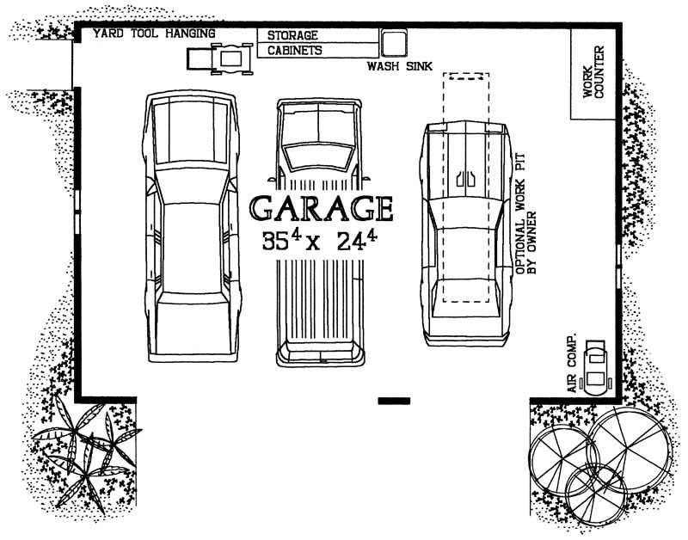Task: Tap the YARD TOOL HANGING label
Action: tap(154, 34)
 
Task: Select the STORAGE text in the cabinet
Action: tap(292, 36)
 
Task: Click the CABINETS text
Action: tap(295, 51)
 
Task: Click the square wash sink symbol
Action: tap(394, 43)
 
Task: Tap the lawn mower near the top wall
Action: tap(218, 59)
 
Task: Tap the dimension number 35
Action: tap(277, 242)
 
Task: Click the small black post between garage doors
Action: tap(394, 401)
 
